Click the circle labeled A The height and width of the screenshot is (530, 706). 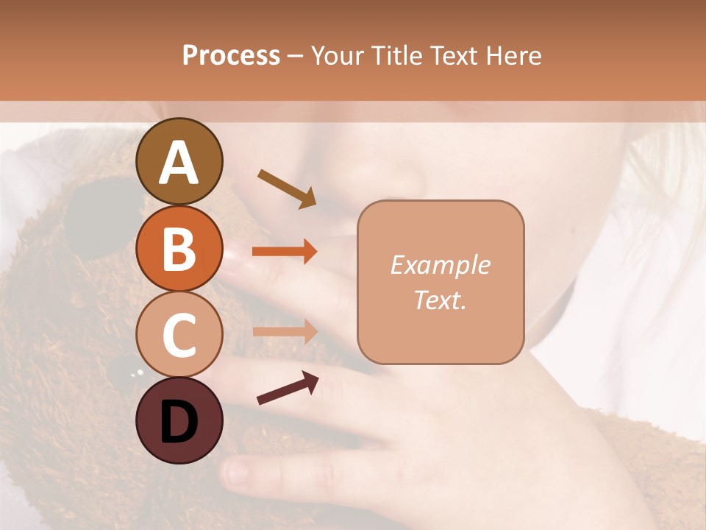click(179, 161)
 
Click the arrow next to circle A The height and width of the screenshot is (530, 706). click(287, 188)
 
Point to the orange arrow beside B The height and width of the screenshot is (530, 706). click(285, 252)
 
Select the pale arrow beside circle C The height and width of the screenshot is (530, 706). click(285, 331)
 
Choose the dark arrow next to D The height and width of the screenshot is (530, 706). click(288, 388)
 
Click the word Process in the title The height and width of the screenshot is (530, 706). click(231, 55)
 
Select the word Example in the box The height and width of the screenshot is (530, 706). click(440, 265)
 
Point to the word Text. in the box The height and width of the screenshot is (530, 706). click(440, 300)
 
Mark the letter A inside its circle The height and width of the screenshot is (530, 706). click(179, 163)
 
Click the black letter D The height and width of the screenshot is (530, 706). click(179, 422)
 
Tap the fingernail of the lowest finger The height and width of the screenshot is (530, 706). click(238, 470)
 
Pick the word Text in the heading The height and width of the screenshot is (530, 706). click(454, 55)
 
